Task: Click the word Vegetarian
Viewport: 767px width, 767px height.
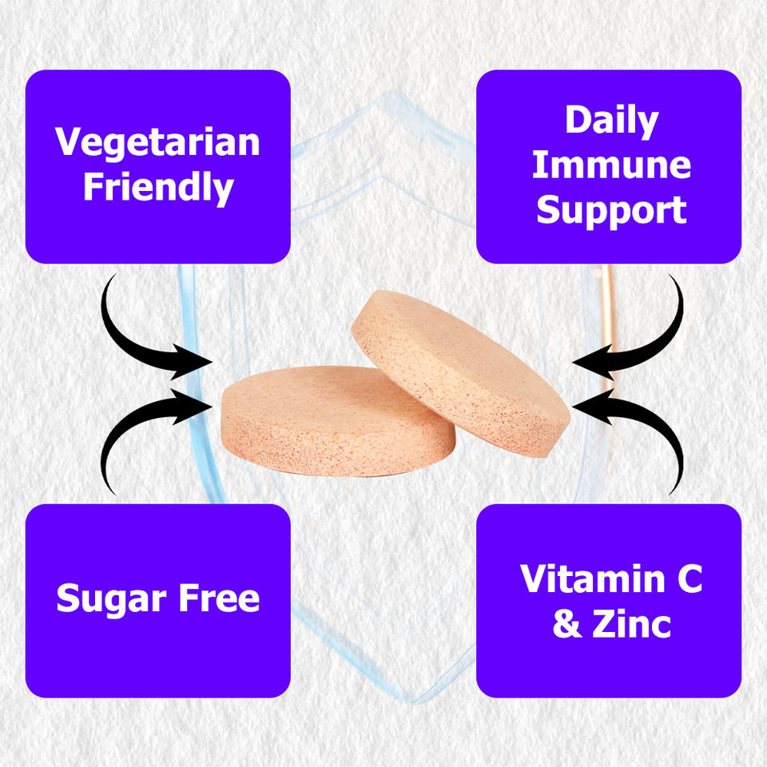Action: [x=157, y=142]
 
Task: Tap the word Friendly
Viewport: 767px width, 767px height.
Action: [x=157, y=189]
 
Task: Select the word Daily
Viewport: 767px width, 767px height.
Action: [x=611, y=121]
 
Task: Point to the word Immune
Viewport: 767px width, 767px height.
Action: [x=611, y=165]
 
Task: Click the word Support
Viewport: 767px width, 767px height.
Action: [x=611, y=210]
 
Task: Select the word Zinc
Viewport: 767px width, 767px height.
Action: [x=631, y=624]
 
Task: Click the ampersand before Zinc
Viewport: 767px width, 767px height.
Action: [x=567, y=624]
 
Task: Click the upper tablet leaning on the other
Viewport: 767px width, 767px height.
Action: [x=459, y=368]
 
